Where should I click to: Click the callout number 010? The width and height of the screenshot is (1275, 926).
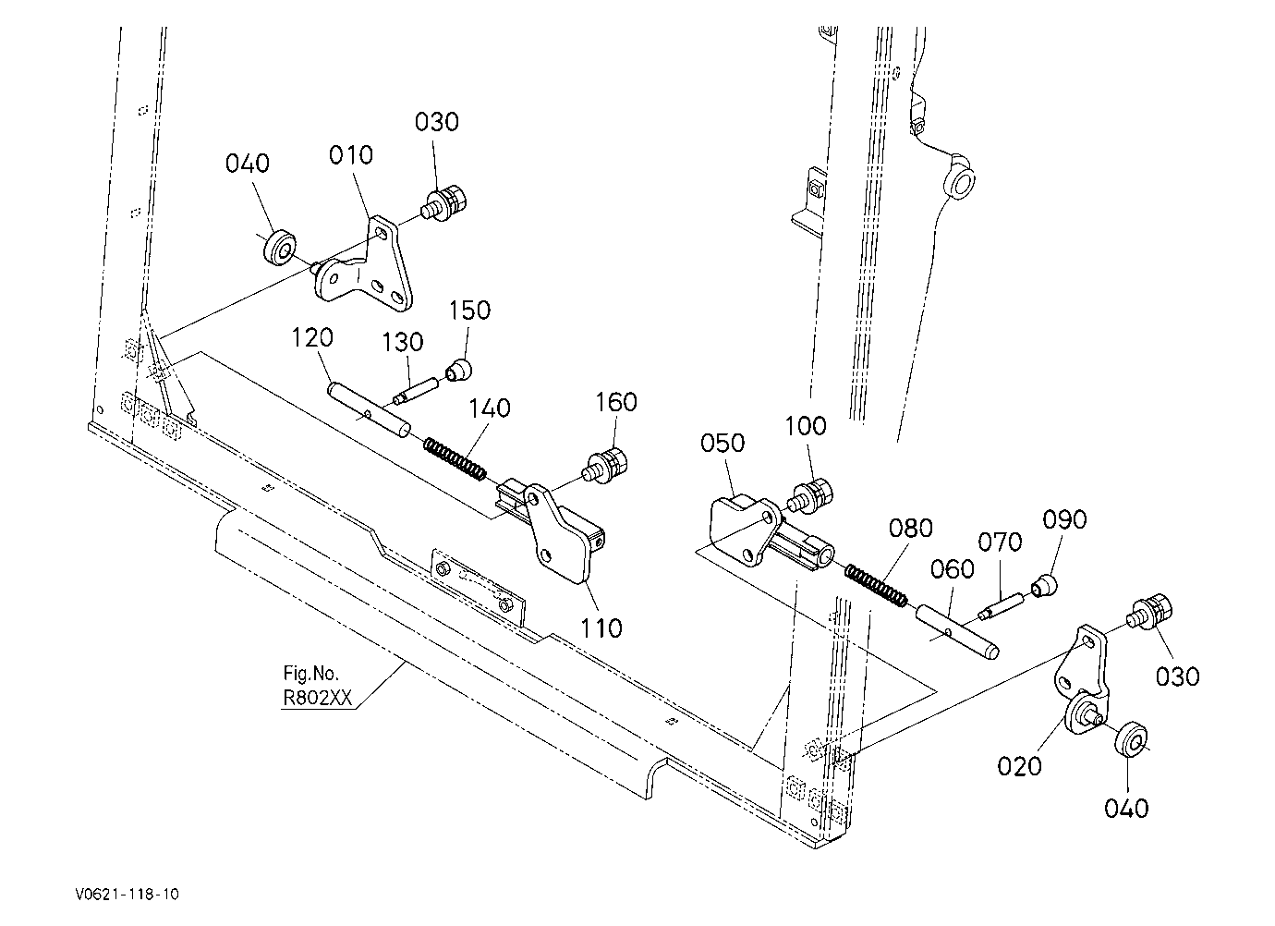tap(351, 155)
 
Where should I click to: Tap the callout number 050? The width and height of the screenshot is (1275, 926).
tap(722, 443)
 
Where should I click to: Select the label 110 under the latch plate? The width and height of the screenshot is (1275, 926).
tap(601, 628)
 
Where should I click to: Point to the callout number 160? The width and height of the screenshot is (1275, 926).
tap(616, 403)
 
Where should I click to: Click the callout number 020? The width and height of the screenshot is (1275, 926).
tap(1019, 767)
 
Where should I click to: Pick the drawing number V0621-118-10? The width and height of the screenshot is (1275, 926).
tap(127, 894)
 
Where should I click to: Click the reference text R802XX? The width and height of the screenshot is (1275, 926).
tap(317, 698)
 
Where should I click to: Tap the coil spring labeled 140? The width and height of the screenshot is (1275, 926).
tap(455, 457)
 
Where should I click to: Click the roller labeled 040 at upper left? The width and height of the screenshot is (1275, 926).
tap(279, 248)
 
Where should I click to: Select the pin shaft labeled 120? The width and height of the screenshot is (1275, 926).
tap(369, 410)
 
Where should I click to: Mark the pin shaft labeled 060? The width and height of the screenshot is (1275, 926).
tap(957, 631)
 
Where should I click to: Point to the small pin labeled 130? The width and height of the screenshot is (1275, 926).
tap(416, 391)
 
